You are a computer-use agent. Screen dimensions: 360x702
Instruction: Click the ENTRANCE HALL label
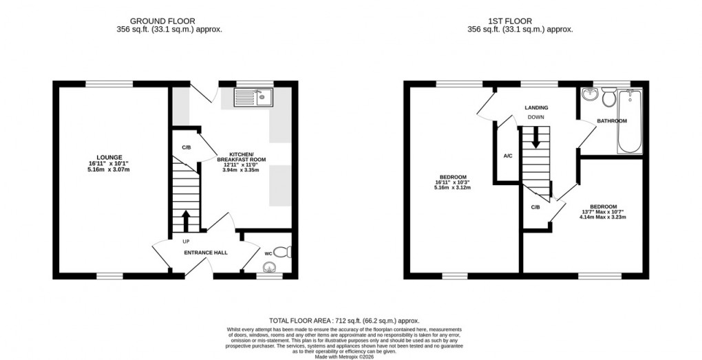[205, 253]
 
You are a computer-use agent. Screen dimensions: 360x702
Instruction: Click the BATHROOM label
[612, 121]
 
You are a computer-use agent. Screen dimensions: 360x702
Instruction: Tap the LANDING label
[536, 108]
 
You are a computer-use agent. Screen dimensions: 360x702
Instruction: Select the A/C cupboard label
[507, 156]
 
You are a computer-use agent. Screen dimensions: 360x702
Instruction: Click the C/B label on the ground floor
[186, 147]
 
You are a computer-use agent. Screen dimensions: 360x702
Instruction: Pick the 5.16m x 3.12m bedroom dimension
[451, 187]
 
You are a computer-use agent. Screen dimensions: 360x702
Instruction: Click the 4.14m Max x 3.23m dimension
[602, 218]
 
